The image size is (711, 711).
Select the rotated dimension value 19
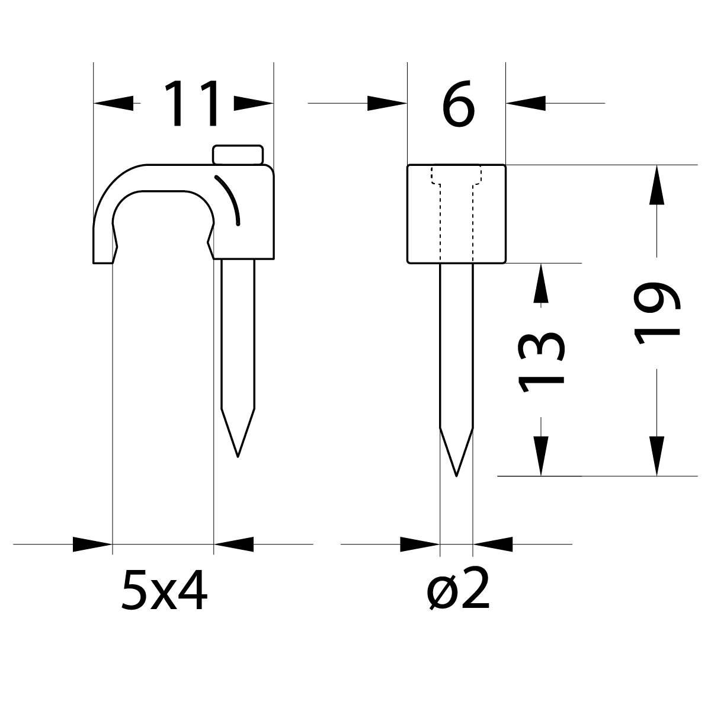657,313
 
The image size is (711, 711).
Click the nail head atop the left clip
238,154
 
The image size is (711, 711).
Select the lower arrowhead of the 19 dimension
656,456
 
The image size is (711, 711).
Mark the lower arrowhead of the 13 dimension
540,456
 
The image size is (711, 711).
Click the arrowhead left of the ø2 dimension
420,544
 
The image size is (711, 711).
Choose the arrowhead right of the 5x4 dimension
233,544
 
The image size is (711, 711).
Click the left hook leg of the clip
103,243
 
